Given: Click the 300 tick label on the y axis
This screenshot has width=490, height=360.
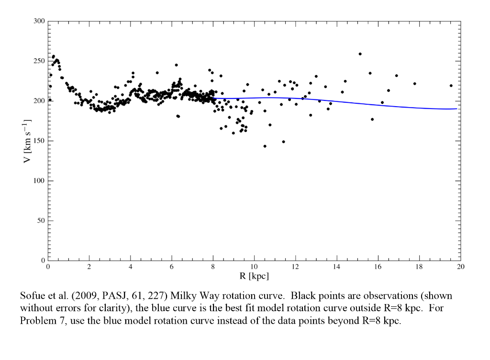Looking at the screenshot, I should click(x=39, y=22).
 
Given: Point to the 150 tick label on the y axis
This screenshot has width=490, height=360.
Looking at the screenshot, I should click(x=39, y=141).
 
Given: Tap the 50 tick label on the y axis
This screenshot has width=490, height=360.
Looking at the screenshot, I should click(x=41, y=221).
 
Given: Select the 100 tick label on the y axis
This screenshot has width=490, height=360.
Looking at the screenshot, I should click(x=39, y=181).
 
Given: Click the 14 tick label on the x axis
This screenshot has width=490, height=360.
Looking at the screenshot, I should click(x=337, y=267).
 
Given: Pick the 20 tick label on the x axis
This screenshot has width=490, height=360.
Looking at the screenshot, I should click(x=460, y=267).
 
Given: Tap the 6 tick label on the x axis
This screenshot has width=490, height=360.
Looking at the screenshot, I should click(x=171, y=267).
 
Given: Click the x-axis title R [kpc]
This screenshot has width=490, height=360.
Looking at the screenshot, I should click(x=254, y=276).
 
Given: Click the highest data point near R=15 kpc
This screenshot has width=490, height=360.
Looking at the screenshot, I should click(x=360, y=54).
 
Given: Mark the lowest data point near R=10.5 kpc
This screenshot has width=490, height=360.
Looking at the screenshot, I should click(x=265, y=146).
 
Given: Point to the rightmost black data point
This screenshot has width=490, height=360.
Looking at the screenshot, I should click(x=451, y=86).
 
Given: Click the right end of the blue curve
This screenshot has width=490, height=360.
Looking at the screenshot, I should click(x=457, y=109).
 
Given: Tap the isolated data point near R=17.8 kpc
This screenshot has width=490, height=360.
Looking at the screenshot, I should click(x=414, y=84).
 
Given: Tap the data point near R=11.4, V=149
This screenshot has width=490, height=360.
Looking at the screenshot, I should click(x=283, y=142).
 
